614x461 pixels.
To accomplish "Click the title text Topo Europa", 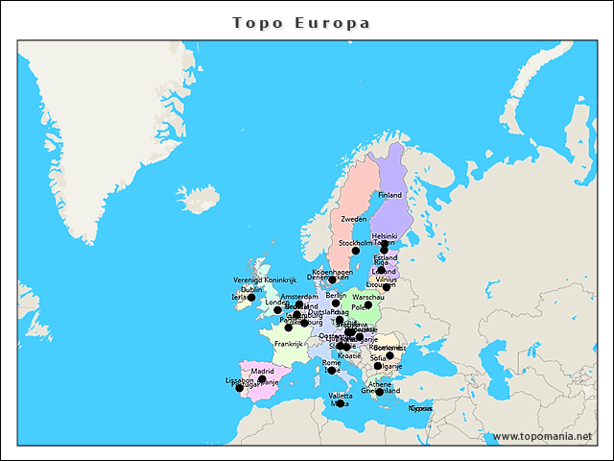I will tap(301, 22).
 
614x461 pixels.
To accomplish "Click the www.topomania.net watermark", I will tap(542, 436).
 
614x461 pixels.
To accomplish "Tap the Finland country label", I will tap(390, 195).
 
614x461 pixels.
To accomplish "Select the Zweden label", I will tap(354, 219).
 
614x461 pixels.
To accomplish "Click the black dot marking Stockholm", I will tap(356, 250).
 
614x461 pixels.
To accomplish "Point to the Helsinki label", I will tap(385, 235).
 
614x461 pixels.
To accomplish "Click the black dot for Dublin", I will tap(251, 297).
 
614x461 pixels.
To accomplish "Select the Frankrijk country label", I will tap(288, 343).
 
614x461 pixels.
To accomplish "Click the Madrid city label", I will tap(263, 371).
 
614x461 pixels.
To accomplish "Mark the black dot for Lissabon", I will tap(239, 388).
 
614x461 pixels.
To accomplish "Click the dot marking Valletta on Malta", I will tap(340, 403).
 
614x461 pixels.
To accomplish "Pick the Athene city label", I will tap(380, 384).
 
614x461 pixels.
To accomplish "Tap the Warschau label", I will tap(368, 298).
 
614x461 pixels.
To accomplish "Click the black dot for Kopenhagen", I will tap(332, 279).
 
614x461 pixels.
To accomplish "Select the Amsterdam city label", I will tap(299, 297).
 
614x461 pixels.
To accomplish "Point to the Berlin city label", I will tap(336, 295).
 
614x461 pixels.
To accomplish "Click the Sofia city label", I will tap(378, 357).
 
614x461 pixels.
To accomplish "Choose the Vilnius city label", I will tap(387, 279).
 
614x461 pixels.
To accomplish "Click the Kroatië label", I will tap(349, 355).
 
